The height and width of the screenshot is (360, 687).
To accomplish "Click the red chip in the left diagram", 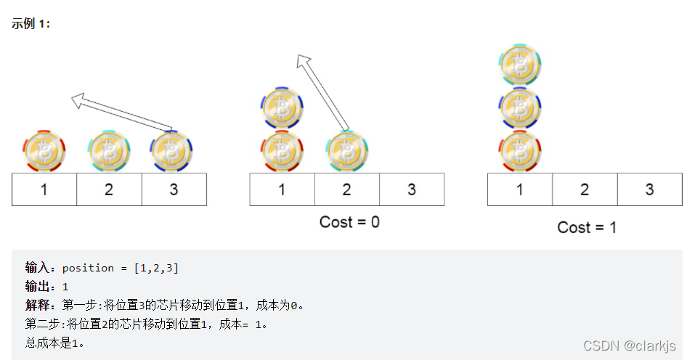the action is (44, 152).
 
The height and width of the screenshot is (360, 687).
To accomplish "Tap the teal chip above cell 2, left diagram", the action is (109, 152).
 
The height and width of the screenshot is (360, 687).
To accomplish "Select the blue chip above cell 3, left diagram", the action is (172, 152).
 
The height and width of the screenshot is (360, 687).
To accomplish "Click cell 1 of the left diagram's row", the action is (44, 190).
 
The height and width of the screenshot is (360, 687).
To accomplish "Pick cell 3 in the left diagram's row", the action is (174, 190).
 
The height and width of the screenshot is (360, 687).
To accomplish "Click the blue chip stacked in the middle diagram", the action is (282, 108).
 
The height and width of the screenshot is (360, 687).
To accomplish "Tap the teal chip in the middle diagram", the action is (347, 152).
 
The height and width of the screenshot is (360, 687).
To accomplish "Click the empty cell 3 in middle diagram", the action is (411, 190).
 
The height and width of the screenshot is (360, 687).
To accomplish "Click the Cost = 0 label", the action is (349, 221).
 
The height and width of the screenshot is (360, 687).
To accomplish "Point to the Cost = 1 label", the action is (587, 227).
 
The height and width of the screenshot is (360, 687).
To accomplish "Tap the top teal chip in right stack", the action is (519, 65).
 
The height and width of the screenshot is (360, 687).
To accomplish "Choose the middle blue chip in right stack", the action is (519, 108).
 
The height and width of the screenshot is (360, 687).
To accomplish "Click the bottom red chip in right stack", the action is (519, 152).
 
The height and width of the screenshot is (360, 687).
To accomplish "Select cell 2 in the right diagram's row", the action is (585, 190).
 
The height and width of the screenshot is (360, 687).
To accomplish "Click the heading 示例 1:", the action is (31, 23).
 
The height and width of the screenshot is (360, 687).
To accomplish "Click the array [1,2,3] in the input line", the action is (156, 268).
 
